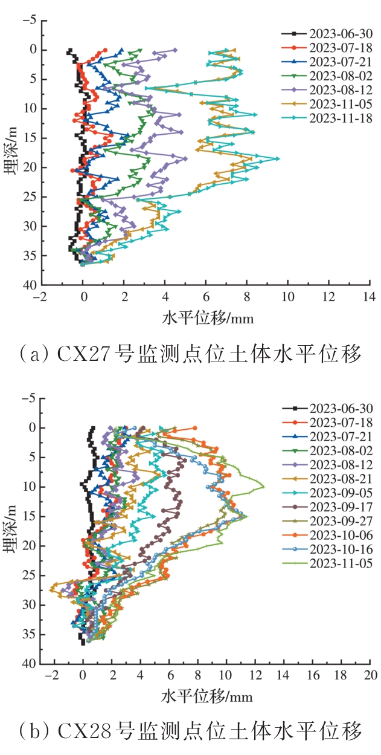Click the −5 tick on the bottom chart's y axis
click(28, 398)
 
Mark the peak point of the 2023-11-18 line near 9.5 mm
click(277, 158)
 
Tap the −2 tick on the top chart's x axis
click(41, 297)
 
